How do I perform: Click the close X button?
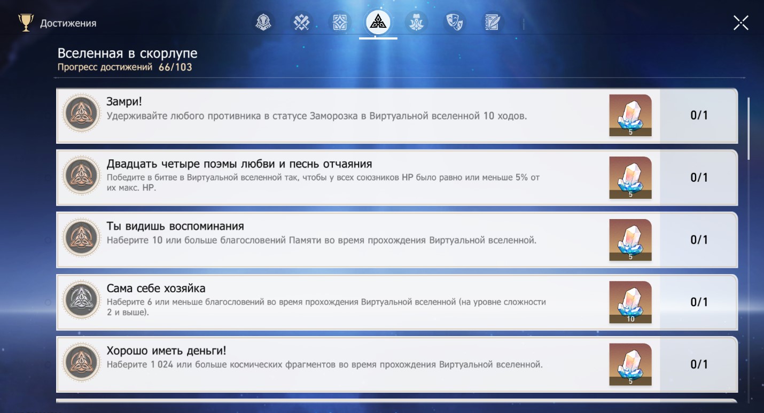[741, 23]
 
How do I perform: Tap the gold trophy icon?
[26, 22]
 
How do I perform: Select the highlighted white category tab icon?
[378, 22]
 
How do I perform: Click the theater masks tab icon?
[454, 22]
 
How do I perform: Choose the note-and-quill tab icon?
[493, 22]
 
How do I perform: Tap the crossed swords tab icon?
[301, 22]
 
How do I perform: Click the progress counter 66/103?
[175, 67]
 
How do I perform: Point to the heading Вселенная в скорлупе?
[127, 53]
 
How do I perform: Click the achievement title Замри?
[124, 102]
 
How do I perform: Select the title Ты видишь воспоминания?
[175, 226]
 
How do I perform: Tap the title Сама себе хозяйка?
[156, 288]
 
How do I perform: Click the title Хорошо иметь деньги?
[166, 350]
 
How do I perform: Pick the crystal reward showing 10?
[630, 302]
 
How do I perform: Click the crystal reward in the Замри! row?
[630, 115]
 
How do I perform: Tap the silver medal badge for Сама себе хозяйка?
[81, 300]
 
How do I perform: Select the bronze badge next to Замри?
[81, 113]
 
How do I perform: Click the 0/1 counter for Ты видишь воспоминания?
[699, 240]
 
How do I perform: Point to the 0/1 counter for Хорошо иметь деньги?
[699, 364]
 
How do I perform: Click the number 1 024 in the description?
[162, 364]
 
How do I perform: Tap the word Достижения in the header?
[68, 23]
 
